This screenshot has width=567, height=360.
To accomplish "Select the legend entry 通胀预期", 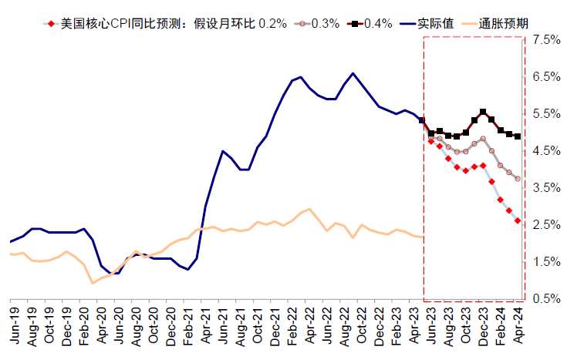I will (x=508, y=23).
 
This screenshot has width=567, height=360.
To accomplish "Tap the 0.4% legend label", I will (x=378, y=23).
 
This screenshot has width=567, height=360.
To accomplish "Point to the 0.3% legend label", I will (x=325, y=23).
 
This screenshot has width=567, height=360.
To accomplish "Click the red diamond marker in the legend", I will (x=50, y=23).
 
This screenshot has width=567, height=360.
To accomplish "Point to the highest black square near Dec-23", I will (x=483, y=112).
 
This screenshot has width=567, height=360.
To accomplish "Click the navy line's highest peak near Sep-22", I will (x=353, y=73).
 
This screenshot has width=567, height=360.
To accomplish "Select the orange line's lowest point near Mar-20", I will (x=93, y=283).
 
